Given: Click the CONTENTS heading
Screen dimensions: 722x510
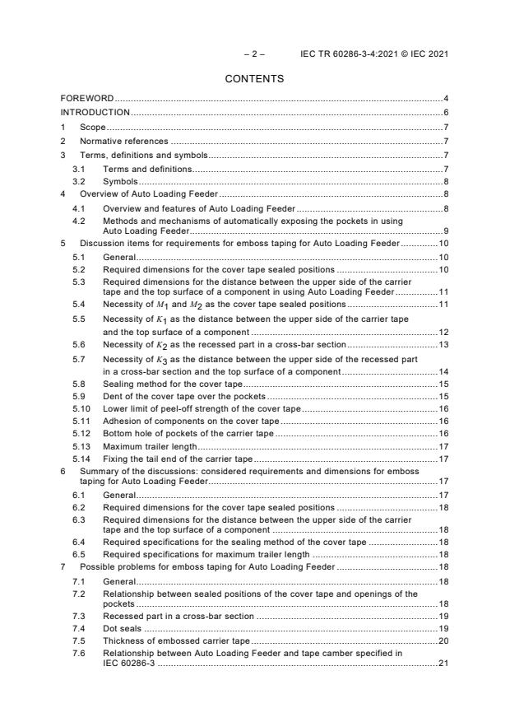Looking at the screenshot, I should [x=254, y=79].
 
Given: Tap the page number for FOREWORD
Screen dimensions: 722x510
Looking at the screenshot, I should [x=445, y=99].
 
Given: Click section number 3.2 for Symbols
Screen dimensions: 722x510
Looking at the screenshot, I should [x=80, y=181].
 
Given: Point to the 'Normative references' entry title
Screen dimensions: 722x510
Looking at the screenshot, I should [x=123, y=141].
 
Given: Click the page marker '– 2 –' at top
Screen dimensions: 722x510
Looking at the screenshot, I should [x=253, y=54].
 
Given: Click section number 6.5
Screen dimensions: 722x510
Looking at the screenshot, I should [x=80, y=555].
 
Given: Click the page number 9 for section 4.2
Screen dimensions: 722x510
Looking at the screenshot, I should [x=445, y=231].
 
